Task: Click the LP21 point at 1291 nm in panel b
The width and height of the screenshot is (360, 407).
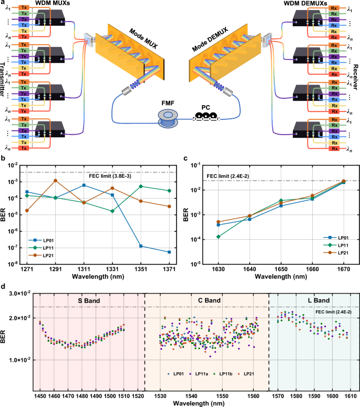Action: point(56,180)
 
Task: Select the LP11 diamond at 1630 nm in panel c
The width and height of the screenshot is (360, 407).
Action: point(218,237)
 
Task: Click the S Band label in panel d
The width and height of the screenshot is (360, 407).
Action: point(92,302)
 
